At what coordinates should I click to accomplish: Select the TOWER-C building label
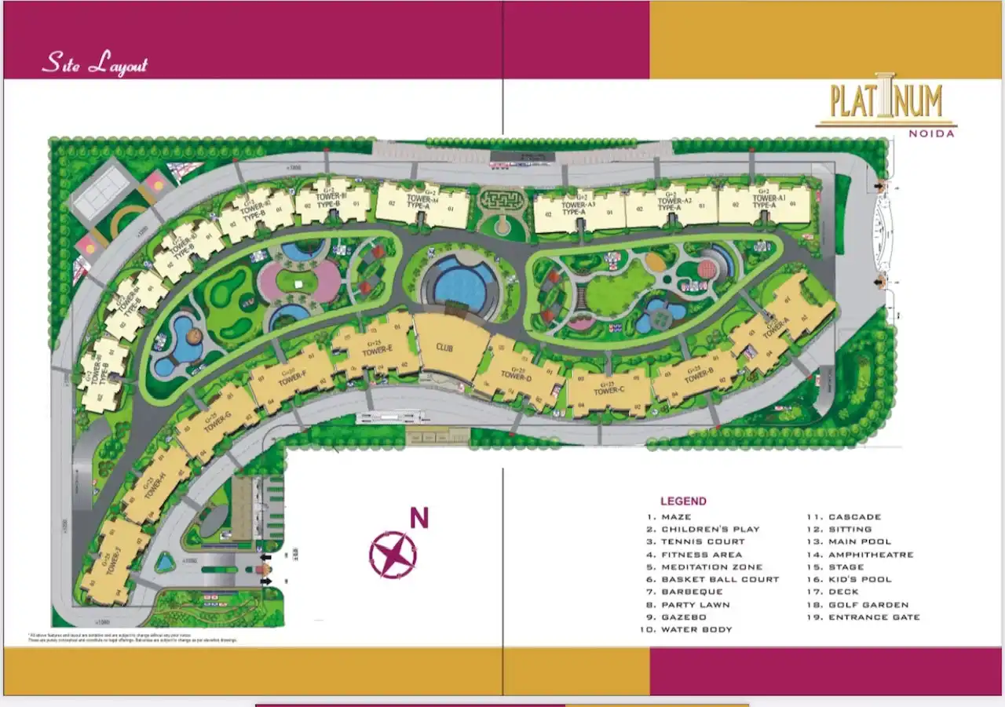point(610,390)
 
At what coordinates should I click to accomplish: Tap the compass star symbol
point(393,554)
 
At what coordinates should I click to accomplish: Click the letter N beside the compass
point(420,519)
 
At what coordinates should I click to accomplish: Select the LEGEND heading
point(683,501)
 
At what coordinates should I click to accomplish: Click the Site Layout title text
point(95,64)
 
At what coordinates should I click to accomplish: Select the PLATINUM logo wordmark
point(886,101)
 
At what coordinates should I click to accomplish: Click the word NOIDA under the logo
point(931,133)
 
